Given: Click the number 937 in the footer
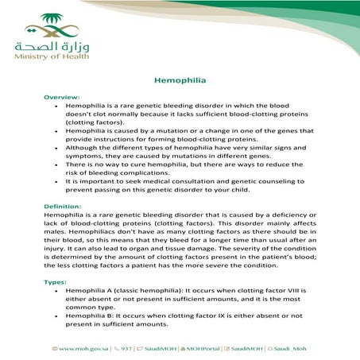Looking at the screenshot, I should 126,349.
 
